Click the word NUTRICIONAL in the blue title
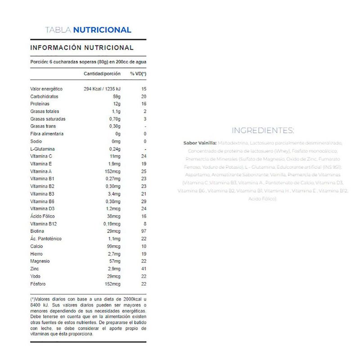click(x=102, y=30)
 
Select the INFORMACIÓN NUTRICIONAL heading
click(x=81, y=48)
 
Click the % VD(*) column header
click(x=139, y=73)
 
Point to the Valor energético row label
click(x=46, y=89)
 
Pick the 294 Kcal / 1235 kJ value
click(x=102, y=89)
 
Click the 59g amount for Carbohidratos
click(x=117, y=97)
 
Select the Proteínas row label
click(x=40, y=104)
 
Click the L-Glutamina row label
click(x=42, y=149)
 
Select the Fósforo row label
click(x=38, y=284)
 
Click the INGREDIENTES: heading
click(x=262, y=130)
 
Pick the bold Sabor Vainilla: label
click(x=200, y=143)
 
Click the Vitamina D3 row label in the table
click(x=42, y=209)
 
